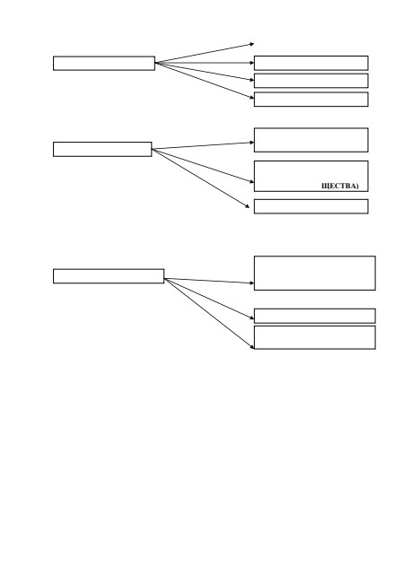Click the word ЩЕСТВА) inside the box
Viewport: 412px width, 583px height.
tap(340, 186)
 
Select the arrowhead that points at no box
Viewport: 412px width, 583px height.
tap(251, 44)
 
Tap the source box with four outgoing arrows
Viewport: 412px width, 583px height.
tap(104, 63)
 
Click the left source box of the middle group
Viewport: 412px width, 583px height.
tap(102, 149)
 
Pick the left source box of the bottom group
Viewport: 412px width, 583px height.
tap(109, 276)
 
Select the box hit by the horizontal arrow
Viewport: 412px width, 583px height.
tap(311, 63)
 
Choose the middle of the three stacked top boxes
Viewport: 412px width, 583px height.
tap(311, 81)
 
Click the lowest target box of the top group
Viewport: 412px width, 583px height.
tap(311, 100)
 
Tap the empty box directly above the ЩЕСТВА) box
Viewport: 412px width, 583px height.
tap(311, 140)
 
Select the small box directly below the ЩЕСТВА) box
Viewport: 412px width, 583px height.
tap(311, 206)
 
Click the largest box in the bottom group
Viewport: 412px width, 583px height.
tap(314, 273)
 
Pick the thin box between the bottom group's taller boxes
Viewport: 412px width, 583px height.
tap(314, 316)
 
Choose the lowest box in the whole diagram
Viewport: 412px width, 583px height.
tap(314, 337)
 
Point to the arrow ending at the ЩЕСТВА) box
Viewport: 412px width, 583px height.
tap(203, 166)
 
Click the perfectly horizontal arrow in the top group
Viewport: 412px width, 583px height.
tap(205, 63)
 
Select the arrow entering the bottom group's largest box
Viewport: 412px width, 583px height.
tap(209, 281)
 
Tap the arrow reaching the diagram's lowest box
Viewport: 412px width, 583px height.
tap(209, 313)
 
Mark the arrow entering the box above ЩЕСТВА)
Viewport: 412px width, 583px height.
tap(203, 145)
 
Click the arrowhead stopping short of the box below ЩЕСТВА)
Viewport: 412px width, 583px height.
tap(247, 205)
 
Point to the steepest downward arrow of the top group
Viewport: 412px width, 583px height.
tap(205, 81)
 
